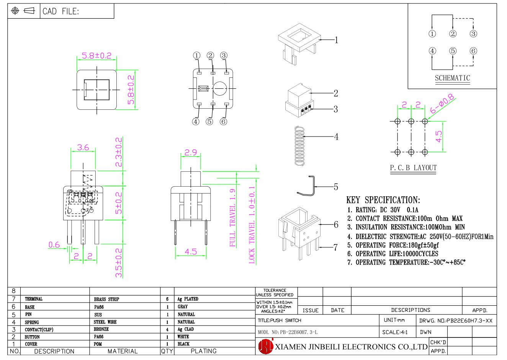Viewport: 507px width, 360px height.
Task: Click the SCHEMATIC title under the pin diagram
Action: coord(452,78)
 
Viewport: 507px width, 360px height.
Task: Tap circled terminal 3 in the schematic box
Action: coord(473,34)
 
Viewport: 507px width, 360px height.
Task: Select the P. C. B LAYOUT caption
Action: coord(413,168)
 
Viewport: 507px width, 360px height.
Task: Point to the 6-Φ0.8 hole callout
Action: coord(442,104)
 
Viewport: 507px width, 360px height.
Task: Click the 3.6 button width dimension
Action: coord(83,147)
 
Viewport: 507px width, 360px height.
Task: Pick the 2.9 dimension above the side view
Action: coord(191,152)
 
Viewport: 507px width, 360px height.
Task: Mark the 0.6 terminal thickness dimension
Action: coord(54,245)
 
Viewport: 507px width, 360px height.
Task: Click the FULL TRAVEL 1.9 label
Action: coord(232,218)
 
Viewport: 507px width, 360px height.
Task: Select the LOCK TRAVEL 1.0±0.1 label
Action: coord(252,225)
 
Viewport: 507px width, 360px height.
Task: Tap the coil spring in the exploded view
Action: coord(299,146)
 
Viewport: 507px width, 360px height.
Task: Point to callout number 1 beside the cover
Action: coord(336,40)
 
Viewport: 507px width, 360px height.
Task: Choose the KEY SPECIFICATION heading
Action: coord(383,200)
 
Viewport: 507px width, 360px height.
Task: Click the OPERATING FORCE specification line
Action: coord(393,245)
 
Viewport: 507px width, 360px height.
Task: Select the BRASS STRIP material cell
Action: coord(106,299)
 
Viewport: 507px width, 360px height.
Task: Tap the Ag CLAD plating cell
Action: coord(185,329)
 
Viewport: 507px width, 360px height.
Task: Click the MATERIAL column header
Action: coord(123,351)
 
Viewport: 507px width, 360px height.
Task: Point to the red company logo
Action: coord(266,346)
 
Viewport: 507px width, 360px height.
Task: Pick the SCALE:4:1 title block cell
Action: coord(395,332)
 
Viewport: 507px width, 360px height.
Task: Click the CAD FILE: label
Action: coord(61,11)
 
